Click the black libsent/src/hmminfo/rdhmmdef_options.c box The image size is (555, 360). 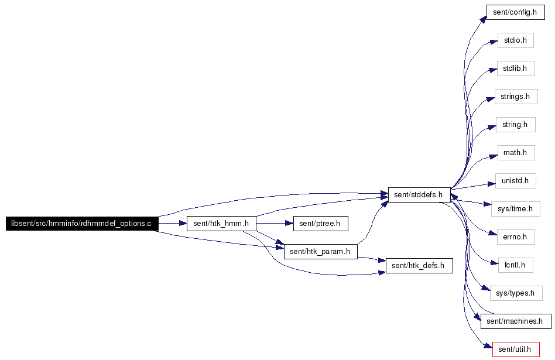click(82, 224)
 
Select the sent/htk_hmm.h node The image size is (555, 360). click(221, 224)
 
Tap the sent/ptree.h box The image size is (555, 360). click(321, 224)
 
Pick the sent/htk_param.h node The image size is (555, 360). click(321, 252)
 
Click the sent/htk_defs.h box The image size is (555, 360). click(419, 266)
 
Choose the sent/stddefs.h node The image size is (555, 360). click(419, 195)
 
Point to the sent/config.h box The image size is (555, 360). click(516, 12)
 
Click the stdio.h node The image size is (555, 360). click(516, 40)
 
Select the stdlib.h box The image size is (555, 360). click(516, 68)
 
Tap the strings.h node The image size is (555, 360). click(516, 97)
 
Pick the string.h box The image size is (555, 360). click(516, 125)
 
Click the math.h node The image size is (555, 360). click(516, 153)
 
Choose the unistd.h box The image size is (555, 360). click(516, 181)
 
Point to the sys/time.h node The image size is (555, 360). click(516, 209)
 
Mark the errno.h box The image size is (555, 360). click(516, 237)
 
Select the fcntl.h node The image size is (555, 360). click(516, 265)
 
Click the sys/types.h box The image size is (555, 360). click(516, 293)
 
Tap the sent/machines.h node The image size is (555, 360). click(516, 321)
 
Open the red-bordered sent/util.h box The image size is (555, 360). click(516, 349)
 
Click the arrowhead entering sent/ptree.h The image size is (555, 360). click(289, 224)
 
